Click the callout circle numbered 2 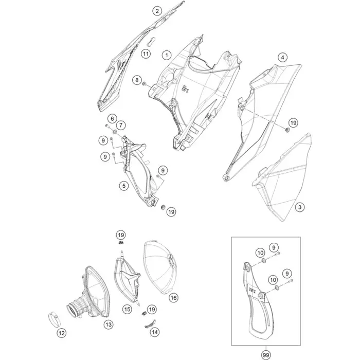(x=157, y=11)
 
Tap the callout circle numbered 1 (x=167, y=55)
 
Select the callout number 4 (x=283, y=57)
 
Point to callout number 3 (x=300, y=207)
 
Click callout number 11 (x=146, y=54)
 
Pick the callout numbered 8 (x=137, y=80)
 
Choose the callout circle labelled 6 (x=112, y=118)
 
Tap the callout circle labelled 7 (x=121, y=125)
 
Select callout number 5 (x=124, y=186)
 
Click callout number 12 (x=62, y=333)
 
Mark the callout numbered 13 (x=109, y=325)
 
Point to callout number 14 (x=155, y=332)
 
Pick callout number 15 (x=127, y=309)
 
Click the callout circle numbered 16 (x=173, y=298)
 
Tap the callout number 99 (x=266, y=355)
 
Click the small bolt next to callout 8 (x=145, y=84)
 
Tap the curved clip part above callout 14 (x=150, y=323)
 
